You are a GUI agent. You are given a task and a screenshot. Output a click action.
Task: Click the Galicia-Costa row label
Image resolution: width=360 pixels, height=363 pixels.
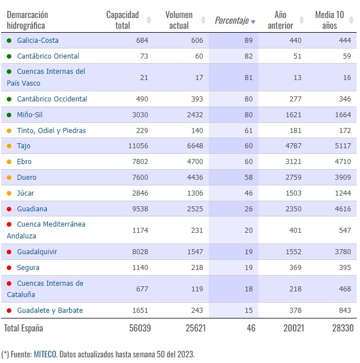click(x=38, y=41)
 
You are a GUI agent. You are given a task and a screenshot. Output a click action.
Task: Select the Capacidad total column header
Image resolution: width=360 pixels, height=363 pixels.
click(x=122, y=20)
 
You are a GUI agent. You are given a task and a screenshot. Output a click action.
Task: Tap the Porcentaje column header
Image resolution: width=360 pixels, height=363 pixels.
click(x=232, y=20)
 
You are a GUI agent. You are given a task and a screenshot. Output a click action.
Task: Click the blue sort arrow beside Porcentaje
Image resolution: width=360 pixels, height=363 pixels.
click(x=253, y=22)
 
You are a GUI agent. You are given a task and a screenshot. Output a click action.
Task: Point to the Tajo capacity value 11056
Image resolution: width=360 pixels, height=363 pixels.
click(x=138, y=146)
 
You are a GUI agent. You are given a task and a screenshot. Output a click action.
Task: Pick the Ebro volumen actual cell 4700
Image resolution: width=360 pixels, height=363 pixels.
click(x=195, y=162)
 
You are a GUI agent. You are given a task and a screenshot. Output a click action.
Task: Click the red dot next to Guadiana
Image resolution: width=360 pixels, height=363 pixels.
click(x=9, y=209)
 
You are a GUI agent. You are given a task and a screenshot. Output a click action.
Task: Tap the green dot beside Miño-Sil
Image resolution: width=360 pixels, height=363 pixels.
click(x=9, y=115)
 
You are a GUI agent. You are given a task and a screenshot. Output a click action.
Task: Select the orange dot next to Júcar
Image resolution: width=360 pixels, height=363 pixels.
click(x=9, y=193)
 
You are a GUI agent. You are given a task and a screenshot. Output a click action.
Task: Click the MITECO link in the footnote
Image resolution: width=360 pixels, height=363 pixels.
click(x=45, y=354)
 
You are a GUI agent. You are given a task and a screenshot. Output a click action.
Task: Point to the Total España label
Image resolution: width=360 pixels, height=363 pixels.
click(x=23, y=328)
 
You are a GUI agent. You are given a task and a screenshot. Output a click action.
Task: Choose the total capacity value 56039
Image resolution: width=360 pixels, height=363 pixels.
click(x=140, y=328)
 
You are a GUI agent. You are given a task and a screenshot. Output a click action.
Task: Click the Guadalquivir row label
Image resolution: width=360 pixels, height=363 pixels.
click(x=37, y=252)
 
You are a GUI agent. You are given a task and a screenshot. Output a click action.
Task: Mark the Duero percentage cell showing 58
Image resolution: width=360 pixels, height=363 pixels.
click(x=248, y=178)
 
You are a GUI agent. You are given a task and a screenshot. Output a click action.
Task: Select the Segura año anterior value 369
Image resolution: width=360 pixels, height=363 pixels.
click(x=295, y=268)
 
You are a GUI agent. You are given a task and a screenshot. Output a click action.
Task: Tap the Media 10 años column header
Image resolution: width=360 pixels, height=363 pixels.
click(x=330, y=20)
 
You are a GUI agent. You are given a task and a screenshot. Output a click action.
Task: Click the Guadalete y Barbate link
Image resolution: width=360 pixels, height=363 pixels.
click(x=50, y=311)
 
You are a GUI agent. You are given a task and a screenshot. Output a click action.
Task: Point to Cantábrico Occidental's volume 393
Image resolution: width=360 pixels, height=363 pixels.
click(x=197, y=99)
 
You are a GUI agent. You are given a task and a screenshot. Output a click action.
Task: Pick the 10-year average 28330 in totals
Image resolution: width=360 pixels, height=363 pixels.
click(x=343, y=328)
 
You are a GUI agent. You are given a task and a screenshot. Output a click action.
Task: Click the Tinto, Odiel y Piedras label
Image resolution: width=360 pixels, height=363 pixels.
click(x=51, y=131)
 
